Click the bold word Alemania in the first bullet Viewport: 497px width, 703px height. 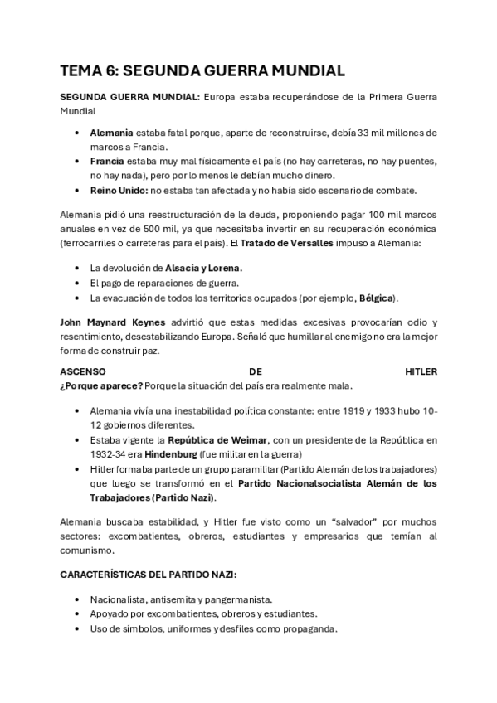[111, 133]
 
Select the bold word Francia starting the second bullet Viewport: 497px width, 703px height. [107, 161]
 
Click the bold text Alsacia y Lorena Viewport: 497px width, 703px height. [204, 269]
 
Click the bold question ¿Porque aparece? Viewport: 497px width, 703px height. [102, 385]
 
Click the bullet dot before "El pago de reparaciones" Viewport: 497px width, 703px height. [77, 283]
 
